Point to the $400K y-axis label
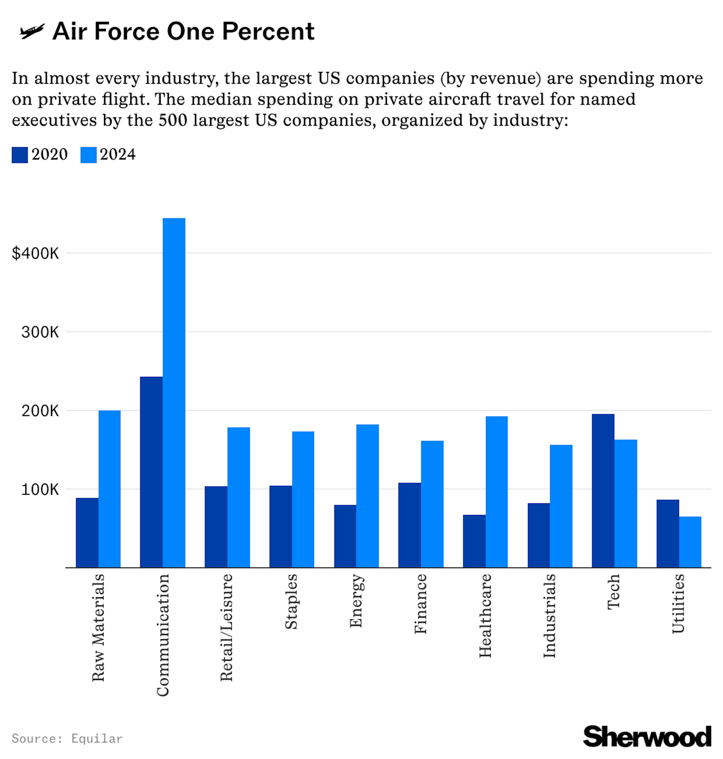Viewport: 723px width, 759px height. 35,253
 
